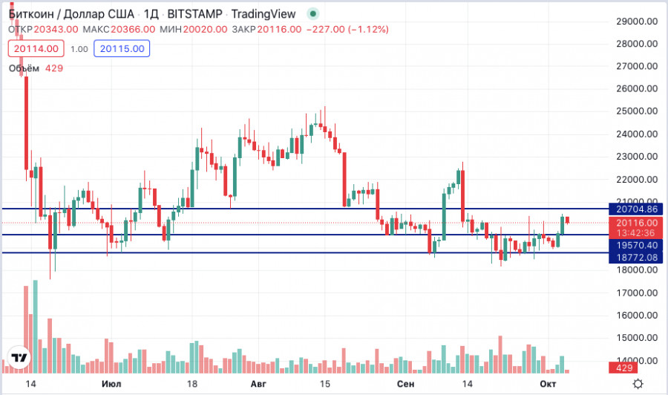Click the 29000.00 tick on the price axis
638,22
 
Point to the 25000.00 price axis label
638,111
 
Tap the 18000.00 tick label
638,270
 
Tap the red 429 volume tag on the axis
621,368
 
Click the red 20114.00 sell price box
34,48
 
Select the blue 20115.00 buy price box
125,48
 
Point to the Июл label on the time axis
111,383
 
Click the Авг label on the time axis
258,383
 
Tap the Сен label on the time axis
405,383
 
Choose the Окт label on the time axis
548,383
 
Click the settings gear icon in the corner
637,383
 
